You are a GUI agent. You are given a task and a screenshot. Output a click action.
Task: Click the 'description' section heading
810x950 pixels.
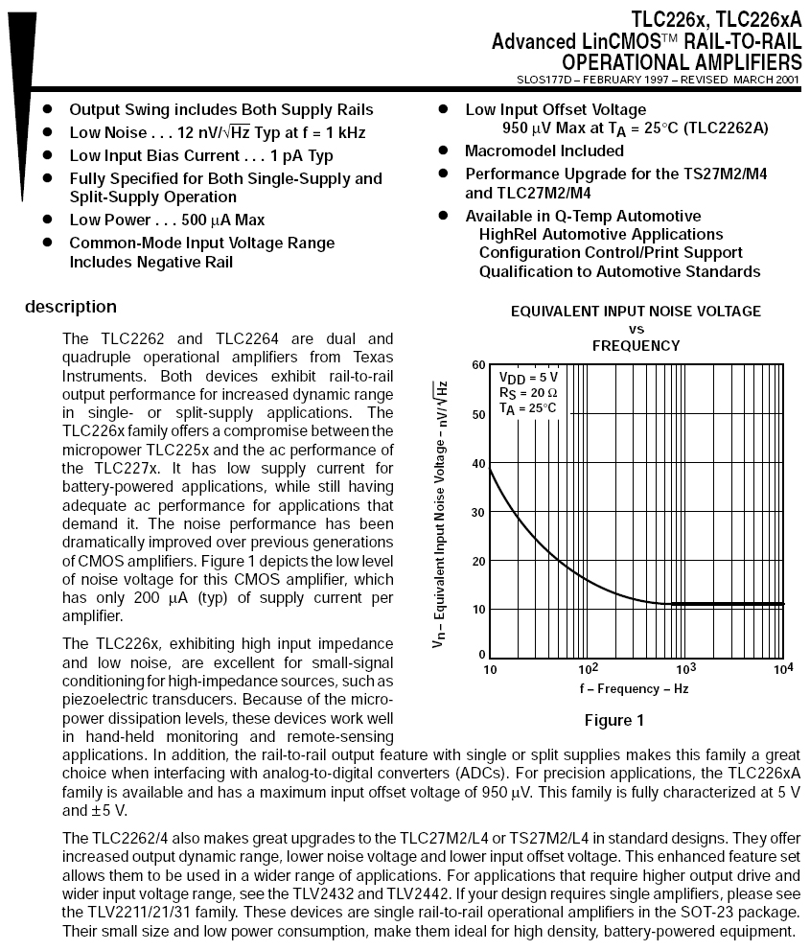[x=71, y=307]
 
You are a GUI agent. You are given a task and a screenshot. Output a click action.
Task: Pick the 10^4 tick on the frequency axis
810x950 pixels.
[x=784, y=668]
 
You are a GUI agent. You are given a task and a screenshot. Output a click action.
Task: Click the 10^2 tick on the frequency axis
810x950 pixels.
[x=588, y=668]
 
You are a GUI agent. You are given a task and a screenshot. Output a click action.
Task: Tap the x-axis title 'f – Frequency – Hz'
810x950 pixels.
[x=633, y=688]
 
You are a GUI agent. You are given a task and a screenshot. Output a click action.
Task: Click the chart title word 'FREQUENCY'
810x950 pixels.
[x=636, y=345]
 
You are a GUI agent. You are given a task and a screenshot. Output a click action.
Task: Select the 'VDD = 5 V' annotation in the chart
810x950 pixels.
[x=528, y=377]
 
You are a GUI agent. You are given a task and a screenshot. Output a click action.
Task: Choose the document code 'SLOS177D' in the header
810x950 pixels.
[x=544, y=80]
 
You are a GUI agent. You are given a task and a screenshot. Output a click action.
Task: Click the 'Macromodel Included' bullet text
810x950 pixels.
[x=544, y=151]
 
